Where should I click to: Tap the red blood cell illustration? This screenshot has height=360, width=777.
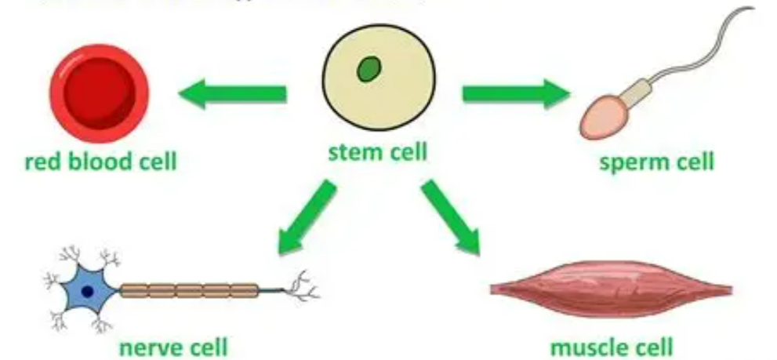click(100, 91)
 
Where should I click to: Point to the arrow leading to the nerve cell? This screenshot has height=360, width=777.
click(307, 219)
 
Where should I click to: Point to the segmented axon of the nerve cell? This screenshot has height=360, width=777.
click(189, 291)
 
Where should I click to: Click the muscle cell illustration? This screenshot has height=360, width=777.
click(611, 289)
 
